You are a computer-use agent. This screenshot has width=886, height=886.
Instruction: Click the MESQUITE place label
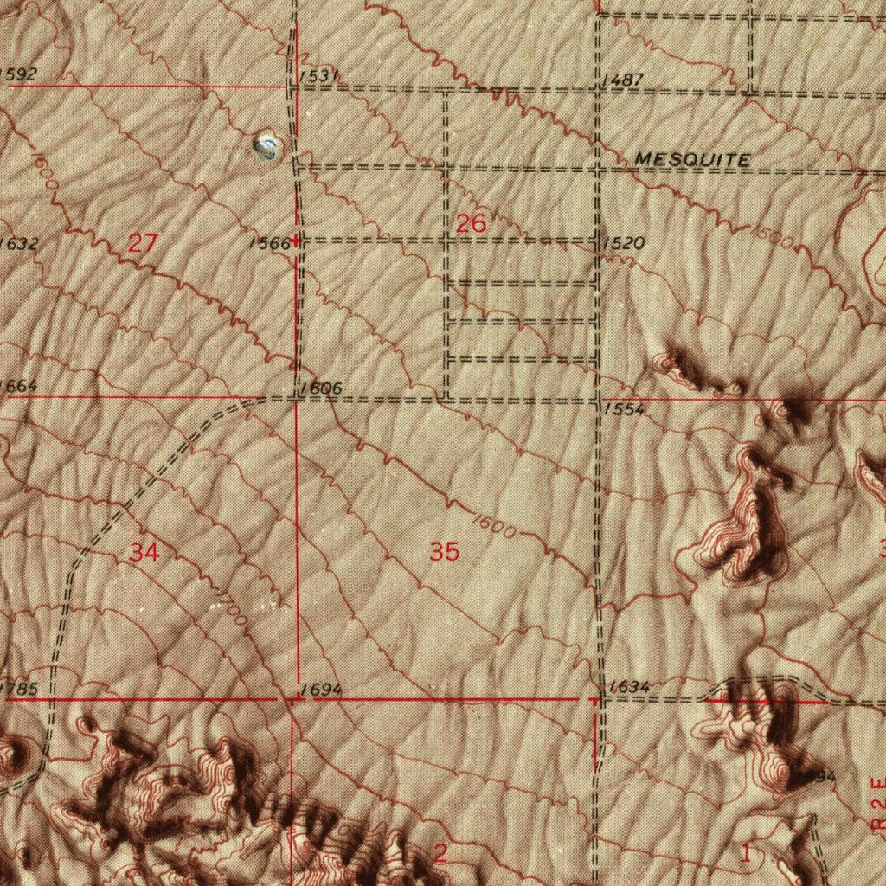[x=692, y=159]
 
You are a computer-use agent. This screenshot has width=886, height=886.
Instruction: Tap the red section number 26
[x=471, y=224]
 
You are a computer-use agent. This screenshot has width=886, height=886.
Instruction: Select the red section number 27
[x=142, y=243]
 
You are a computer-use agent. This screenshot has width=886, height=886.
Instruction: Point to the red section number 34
[x=144, y=551]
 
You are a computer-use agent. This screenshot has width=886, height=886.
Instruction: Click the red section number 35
[x=444, y=551]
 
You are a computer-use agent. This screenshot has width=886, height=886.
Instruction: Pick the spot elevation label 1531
[x=318, y=77]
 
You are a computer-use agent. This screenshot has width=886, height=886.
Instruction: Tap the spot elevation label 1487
[x=622, y=80]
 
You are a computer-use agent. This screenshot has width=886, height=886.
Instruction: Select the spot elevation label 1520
[x=624, y=244]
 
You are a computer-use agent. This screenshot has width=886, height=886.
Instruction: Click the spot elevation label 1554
[x=624, y=408]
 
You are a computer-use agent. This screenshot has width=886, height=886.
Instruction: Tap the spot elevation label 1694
[x=322, y=690]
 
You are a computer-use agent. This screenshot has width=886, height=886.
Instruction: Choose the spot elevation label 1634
[x=629, y=687]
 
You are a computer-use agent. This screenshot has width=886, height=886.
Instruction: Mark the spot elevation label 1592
[x=18, y=74]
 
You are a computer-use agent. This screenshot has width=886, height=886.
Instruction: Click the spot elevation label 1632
[x=18, y=244]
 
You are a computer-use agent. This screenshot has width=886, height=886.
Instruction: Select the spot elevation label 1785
[x=21, y=690]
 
